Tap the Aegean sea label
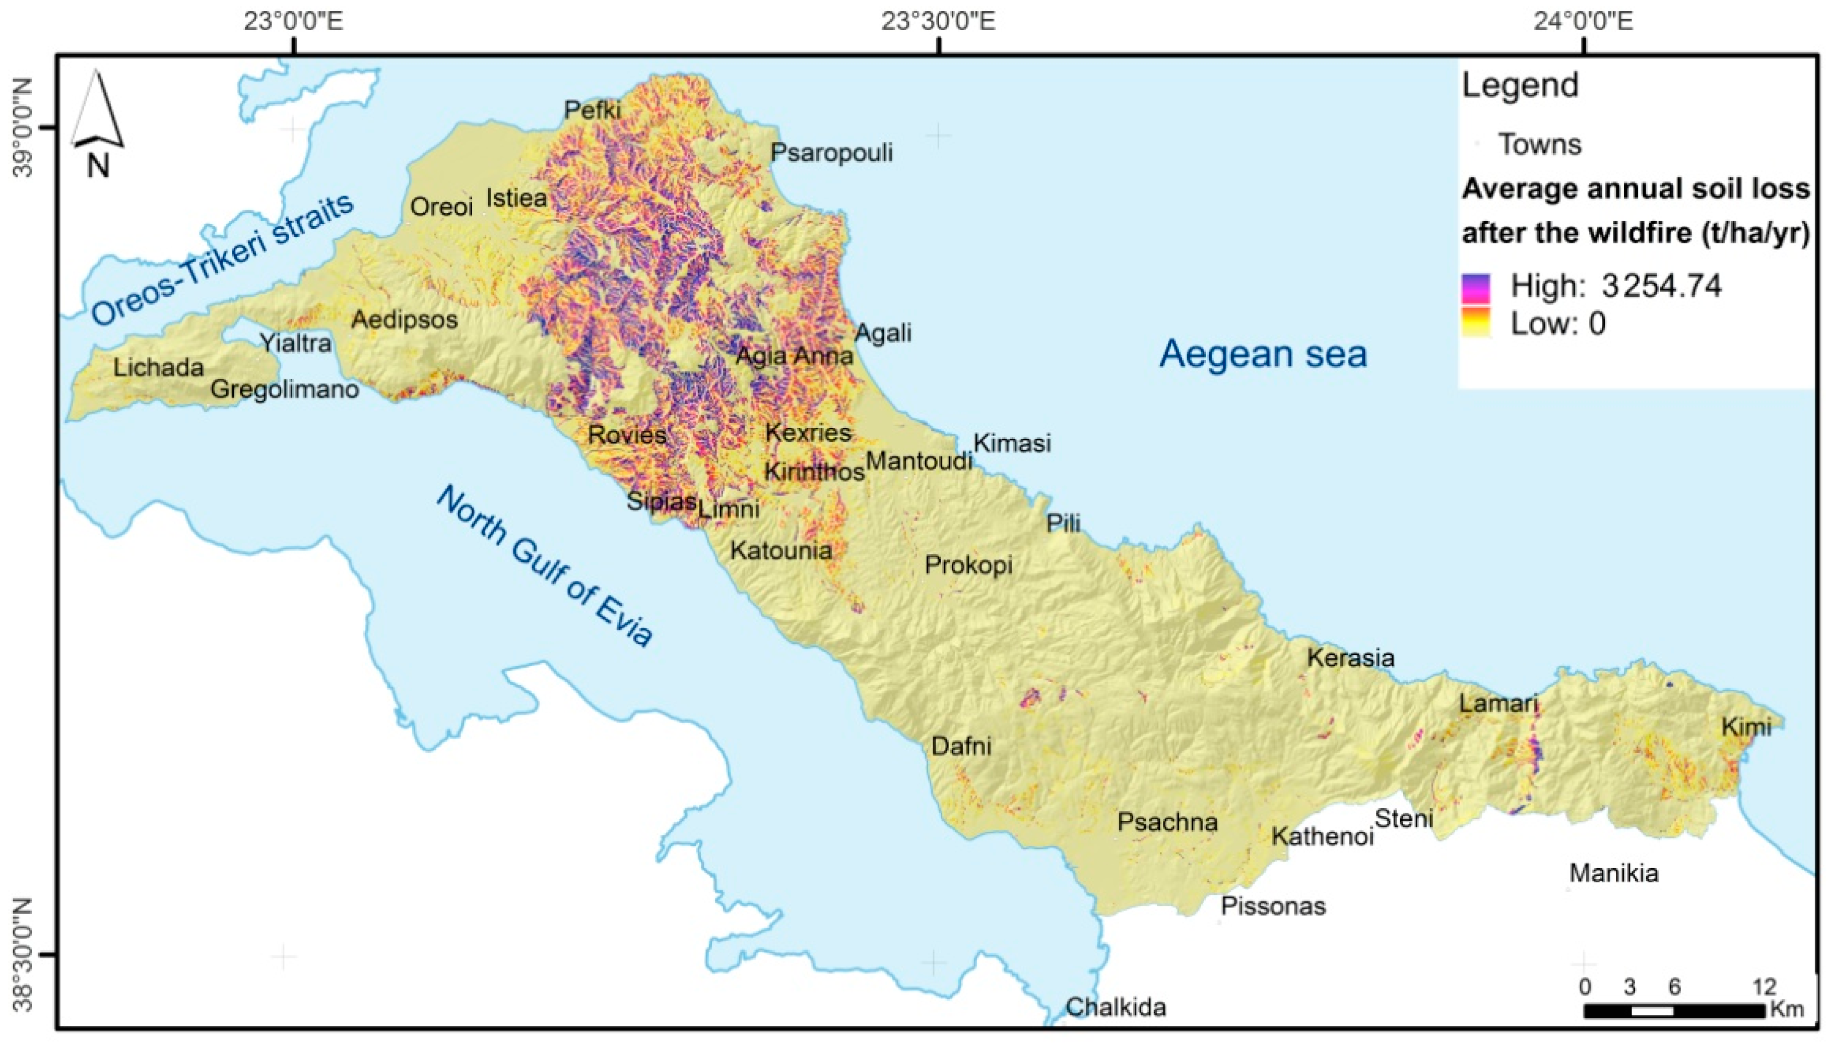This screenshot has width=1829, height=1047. pyautogui.click(x=1263, y=354)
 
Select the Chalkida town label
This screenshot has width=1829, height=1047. pyautogui.click(x=1116, y=1007)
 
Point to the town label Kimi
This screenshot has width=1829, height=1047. pyautogui.click(x=1745, y=727)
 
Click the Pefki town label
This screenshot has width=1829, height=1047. pyautogui.click(x=593, y=110)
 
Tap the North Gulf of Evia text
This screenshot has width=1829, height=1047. pyautogui.click(x=544, y=566)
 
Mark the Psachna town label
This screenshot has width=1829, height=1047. pyautogui.click(x=1167, y=822)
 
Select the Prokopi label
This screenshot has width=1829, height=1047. pyautogui.click(x=968, y=564)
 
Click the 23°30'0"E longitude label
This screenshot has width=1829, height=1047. pyautogui.click(x=938, y=22)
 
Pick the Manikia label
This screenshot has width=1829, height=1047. pyautogui.click(x=1613, y=873)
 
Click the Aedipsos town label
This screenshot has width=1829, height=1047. pyautogui.click(x=404, y=319)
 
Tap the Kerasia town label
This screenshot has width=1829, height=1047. pyautogui.click(x=1350, y=657)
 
